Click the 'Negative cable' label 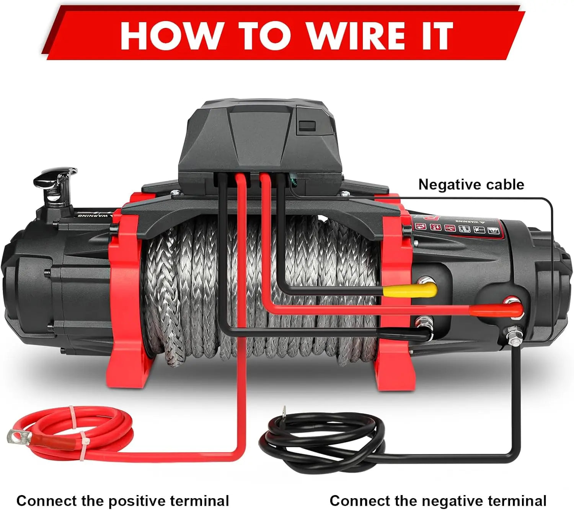click(471, 184)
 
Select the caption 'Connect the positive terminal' click(122, 490)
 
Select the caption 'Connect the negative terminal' click(438, 490)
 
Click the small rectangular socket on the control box click(307, 126)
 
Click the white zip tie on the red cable click(77, 429)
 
